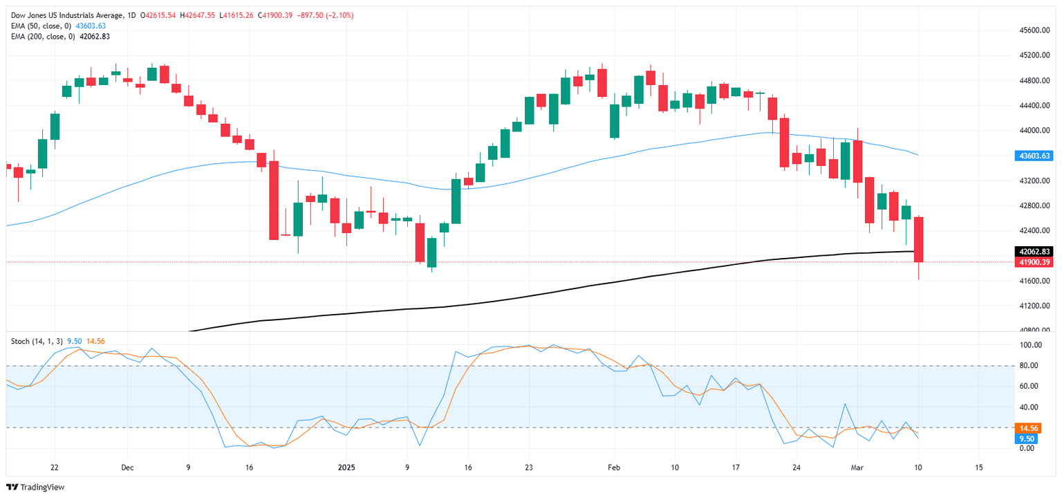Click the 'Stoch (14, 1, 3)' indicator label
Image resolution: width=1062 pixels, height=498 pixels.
pos(37,340)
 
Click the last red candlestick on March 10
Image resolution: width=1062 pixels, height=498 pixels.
pos(919,239)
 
